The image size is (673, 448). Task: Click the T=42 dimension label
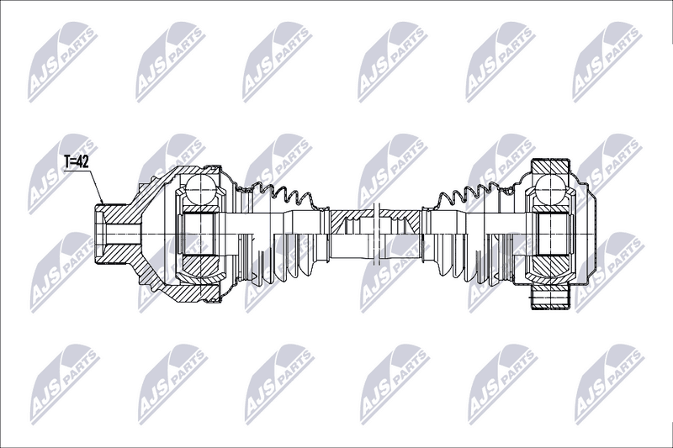[x=76, y=161]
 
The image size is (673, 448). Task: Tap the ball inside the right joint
[x=551, y=187]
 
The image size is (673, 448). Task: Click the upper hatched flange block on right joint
[x=551, y=167]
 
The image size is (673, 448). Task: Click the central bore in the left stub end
[x=123, y=234]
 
